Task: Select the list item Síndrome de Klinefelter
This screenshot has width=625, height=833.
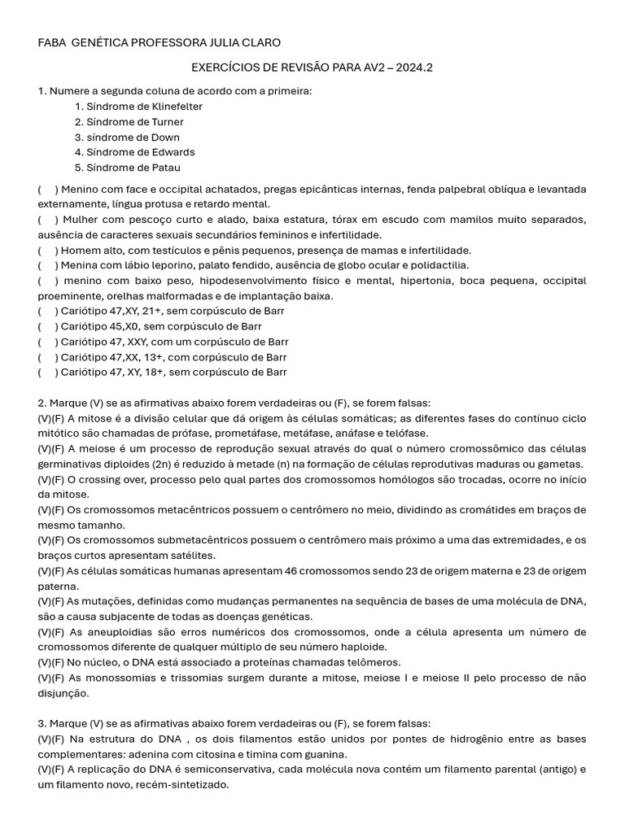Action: click(138, 107)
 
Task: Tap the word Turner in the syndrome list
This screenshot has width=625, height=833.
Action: click(165, 122)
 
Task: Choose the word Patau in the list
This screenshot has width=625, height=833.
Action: click(164, 168)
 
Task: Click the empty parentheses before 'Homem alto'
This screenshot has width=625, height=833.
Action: click(47, 251)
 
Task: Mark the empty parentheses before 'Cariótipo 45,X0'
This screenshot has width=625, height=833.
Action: click(47, 326)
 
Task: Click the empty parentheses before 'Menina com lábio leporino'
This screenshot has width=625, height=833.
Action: click(47, 265)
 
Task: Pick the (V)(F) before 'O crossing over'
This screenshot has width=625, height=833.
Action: click(52, 479)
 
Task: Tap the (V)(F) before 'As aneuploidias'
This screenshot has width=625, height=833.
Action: click(52, 632)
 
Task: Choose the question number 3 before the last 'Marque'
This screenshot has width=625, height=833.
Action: click(41, 723)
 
